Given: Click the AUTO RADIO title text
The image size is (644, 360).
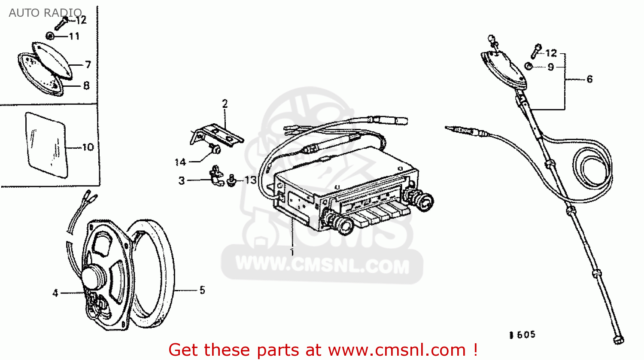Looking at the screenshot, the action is click(x=46, y=12).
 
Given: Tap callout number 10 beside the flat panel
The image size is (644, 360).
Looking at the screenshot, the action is click(x=88, y=147).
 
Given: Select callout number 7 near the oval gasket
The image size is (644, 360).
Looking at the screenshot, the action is click(x=88, y=64).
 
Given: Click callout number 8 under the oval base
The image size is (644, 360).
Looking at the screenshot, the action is click(x=86, y=85).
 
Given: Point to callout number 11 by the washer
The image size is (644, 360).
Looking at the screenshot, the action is click(x=74, y=36).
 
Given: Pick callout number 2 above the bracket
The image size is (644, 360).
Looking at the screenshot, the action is click(x=225, y=104).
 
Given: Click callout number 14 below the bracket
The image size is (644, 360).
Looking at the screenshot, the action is click(x=180, y=162).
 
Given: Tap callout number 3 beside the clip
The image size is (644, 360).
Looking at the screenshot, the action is click(x=182, y=181).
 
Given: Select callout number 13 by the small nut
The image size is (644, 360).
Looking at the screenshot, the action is click(x=250, y=180).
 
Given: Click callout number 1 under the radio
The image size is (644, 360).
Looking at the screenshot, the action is click(x=292, y=252).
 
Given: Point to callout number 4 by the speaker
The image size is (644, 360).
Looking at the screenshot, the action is click(x=55, y=293).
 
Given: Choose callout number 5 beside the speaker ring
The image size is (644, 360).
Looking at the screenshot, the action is click(x=202, y=290).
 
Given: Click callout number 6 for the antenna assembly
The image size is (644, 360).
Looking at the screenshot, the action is click(x=589, y=79).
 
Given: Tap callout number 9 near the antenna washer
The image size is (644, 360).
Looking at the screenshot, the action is click(x=550, y=67).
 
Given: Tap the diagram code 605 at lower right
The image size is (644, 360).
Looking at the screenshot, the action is click(x=526, y=335).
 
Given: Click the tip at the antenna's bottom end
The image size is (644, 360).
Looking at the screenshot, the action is click(x=618, y=340).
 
